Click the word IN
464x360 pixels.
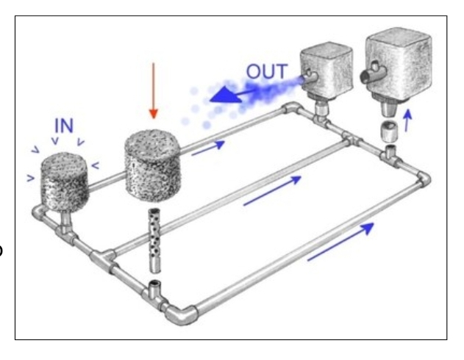coord(64,126)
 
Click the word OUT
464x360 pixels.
coord(267,71)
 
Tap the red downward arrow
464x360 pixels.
coord(153,90)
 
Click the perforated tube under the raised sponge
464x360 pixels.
coord(154,240)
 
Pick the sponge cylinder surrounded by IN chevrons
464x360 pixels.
coord(65,181)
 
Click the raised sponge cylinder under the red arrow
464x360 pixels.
coord(153,165)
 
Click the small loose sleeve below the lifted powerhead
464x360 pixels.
coord(388,132)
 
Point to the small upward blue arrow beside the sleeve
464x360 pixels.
coord(407,120)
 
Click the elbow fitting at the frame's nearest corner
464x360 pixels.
coord(181,315)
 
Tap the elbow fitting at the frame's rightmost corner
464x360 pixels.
coord(423,179)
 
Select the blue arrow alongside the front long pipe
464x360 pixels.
coord(340,242)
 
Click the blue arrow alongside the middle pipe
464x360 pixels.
coord(272,190)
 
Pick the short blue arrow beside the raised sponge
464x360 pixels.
coord(208,148)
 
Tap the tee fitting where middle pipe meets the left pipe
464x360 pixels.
coord(102,256)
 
